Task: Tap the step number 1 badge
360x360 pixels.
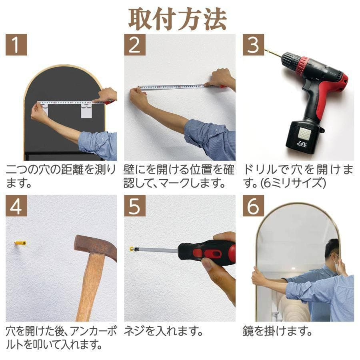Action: [x=16, y=45]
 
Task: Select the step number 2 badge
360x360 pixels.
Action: [x=134, y=45]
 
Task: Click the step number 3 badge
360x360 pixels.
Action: [x=253, y=45]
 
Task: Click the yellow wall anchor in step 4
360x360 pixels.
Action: [x=20, y=243]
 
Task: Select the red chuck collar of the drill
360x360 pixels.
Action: [x=302, y=66]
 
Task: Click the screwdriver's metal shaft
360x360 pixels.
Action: [x=158, y=250]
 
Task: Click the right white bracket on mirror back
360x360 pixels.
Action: [x=86, y=110]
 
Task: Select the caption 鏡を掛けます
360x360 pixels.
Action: [x=277, y=331]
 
